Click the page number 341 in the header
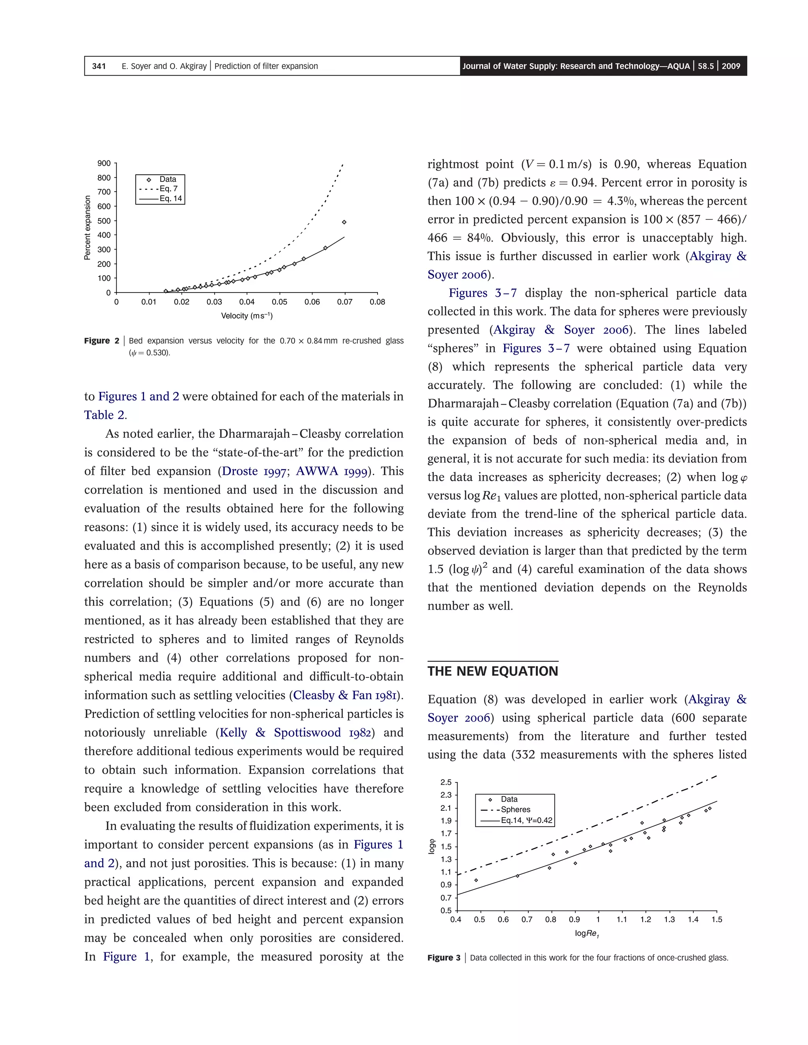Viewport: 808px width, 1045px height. point(99,66)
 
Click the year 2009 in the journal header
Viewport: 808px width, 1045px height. point(731,66)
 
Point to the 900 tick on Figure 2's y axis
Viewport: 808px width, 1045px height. point(104,163)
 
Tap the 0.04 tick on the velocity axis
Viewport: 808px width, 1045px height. point(247,302)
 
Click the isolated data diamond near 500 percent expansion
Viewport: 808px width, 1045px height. point(344,222)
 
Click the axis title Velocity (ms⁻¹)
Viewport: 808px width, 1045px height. point(247,316)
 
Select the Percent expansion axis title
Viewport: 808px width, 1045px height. point(88,228)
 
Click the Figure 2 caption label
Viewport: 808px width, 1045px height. point(101,341)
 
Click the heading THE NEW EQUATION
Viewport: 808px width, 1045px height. point(492,671)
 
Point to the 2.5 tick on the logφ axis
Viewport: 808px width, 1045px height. point(446,782)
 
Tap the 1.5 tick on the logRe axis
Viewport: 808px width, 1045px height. point(716,919)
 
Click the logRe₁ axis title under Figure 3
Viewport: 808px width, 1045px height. point(587,933)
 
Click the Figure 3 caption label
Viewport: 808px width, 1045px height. point(443,957)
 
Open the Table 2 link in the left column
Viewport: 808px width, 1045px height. point(105,415)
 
